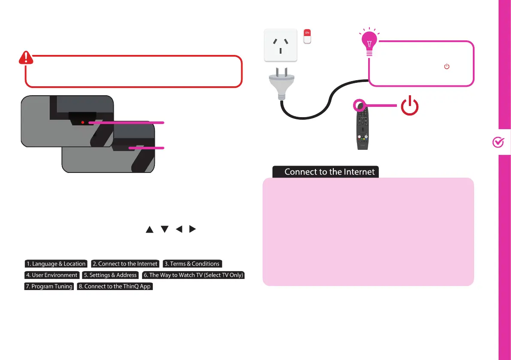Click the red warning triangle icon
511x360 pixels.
click(26, 58)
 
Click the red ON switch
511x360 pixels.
click(307, 36)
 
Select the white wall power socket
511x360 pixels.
click(280, 45)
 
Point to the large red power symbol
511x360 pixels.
click(410, 106)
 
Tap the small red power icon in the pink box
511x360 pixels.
click(447, 67)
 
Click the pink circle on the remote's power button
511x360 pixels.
click(359, 106)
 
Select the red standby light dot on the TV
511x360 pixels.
click(83, 123)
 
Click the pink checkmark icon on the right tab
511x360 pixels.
click(498, 143)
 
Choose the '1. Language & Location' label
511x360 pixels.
click(56, 264)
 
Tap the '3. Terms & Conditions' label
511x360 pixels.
click(192, 264)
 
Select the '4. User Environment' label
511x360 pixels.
click(52, 275)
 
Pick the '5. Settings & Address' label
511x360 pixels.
click(110, 275)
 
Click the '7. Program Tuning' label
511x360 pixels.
click(49, 286)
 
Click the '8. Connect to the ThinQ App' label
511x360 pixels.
click(115, 286)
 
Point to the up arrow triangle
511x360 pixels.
click(149, 230)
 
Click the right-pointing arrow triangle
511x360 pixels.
click(193, 230)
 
